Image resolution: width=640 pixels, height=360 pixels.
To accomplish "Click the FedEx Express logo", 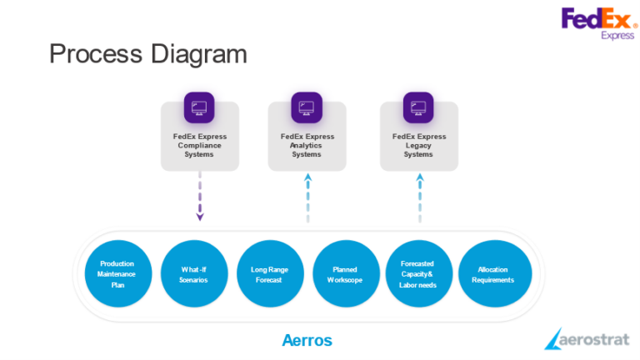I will [x=597, y=20].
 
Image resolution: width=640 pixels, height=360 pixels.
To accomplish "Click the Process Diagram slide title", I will [x=147, y=53].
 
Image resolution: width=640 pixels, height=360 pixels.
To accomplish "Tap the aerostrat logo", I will [x=586, y=339].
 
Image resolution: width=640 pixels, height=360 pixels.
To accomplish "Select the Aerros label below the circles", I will [x=307, y=340].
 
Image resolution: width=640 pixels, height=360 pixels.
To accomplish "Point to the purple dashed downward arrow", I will [x=199, y=197].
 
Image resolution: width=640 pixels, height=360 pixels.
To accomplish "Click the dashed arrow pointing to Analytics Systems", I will [x=307, y=197].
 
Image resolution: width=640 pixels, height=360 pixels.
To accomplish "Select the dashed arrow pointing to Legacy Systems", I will [x=419, y=197].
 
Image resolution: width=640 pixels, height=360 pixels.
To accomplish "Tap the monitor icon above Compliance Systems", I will [x=199, y=107].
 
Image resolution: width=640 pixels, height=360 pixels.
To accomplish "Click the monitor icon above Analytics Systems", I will [x=307, y=107].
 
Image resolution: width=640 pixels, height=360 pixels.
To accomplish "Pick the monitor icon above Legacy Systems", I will [x=418, y=107].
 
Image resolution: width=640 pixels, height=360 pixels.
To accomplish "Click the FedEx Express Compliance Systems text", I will [x=199, y=145].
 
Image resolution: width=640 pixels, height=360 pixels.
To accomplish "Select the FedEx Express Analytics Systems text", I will [x=307, y=145].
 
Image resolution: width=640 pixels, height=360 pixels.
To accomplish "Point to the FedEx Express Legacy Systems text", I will [x=418, y=145].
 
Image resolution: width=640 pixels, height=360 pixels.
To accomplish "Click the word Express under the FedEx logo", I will [x=617, y=36].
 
